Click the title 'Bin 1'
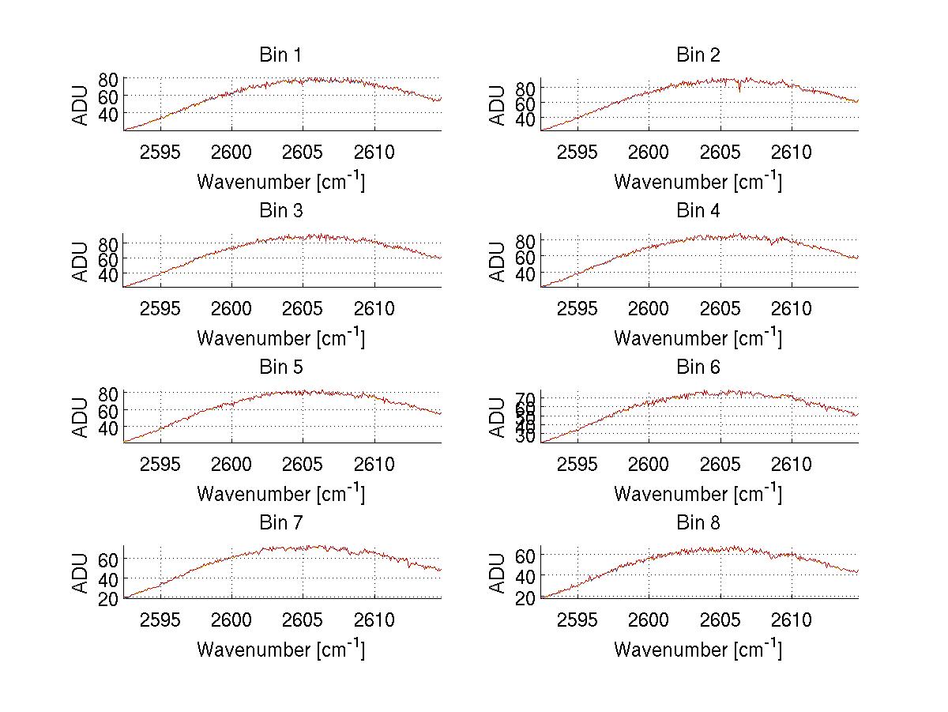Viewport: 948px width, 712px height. point(280,55)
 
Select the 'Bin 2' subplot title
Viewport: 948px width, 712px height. point(698,55)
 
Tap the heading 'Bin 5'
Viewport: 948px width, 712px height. point(280,367)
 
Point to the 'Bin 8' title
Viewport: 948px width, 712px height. point(698,523)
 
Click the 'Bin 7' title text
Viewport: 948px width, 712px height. point(280,523)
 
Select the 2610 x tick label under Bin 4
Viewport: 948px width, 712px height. point(792,309)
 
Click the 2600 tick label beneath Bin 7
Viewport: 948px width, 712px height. point(231,620)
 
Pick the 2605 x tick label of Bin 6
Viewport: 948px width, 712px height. point(720,465)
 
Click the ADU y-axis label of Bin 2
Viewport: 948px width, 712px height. point(498,105)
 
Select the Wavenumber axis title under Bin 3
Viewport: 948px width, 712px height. point(280,337)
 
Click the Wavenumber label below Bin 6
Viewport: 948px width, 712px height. point(698,493)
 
